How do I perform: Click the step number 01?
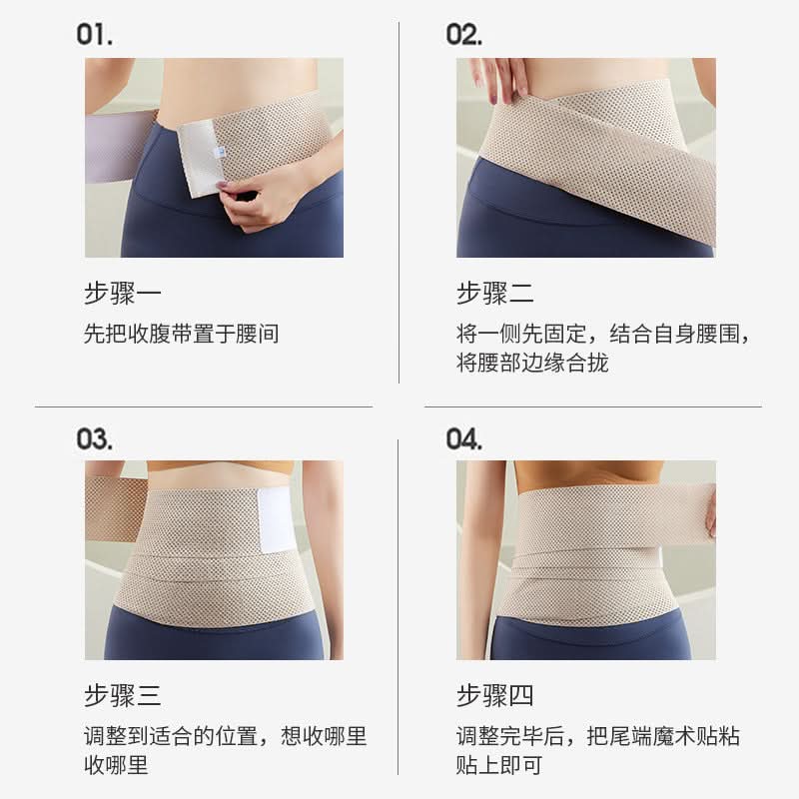94,35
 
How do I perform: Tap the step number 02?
463,35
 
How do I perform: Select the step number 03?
94,438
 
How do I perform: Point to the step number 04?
463,438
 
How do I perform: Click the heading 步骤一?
122,293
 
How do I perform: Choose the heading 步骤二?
494,293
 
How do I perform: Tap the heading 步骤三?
122,695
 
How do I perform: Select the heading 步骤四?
494,695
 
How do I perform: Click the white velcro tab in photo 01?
200,158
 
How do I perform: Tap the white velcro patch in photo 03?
277,520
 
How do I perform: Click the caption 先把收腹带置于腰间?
181,334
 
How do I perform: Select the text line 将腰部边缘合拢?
532,363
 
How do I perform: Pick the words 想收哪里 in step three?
324,736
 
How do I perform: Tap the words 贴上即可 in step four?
498,765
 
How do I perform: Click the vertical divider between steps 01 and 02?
399,203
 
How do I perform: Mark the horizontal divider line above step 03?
204,406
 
